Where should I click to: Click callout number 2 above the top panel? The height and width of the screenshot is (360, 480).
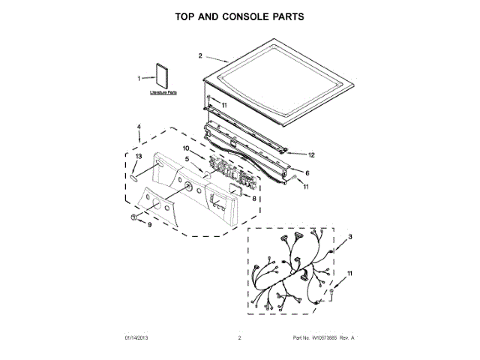coord(200,55)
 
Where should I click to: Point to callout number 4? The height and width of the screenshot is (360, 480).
coord(139,127)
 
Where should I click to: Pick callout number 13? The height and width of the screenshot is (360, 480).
coord(137,156)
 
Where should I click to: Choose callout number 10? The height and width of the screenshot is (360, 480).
coord(186,148)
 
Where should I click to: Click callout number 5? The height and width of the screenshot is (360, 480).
coord(187,159)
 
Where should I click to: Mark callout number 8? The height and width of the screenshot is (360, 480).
coord(254,199)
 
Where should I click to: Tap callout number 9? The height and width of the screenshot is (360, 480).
coord(149,224)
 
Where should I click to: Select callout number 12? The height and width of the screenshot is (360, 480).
coord(312,155)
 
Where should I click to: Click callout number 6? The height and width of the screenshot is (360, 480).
coord(307,172)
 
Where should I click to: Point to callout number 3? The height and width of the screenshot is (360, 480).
coord(349,236)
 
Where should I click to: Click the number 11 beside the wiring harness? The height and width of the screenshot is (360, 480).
coord(349,274)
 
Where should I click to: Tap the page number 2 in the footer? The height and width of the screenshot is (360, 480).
coord(239,339)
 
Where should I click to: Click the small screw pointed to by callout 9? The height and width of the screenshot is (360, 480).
coord(133,217)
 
